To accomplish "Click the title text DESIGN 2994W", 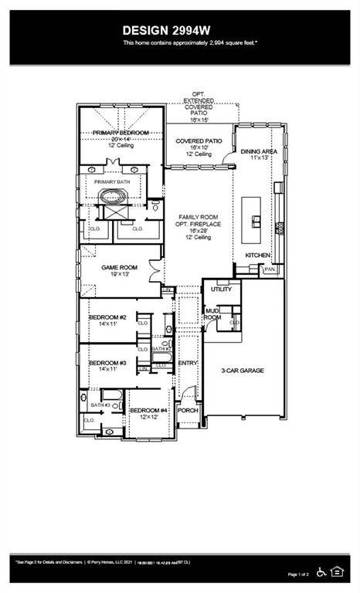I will point(179,29).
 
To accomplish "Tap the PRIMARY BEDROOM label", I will point(121,133).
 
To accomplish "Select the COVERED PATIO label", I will point(199,141).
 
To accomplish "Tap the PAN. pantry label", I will point(270,269).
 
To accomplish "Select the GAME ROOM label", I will point(121,268).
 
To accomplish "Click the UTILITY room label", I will point(221,289).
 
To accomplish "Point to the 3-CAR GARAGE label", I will point(243,371).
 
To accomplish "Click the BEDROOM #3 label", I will point(107,363).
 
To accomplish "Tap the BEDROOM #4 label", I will point(148,411).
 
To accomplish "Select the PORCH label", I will point(188,411).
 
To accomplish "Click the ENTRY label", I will point(188,363).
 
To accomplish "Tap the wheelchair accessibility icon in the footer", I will point(322,571).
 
